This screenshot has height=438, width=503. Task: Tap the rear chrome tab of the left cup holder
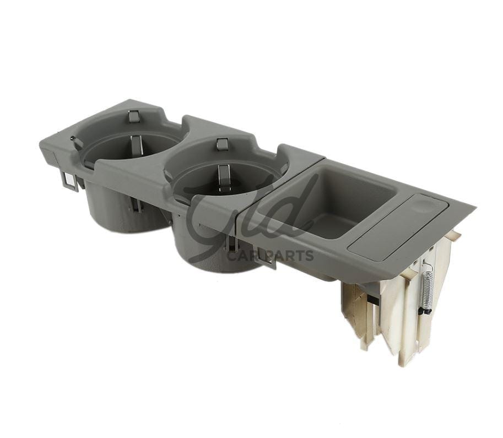point(134,116)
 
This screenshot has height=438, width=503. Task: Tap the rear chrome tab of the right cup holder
point(223,144)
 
